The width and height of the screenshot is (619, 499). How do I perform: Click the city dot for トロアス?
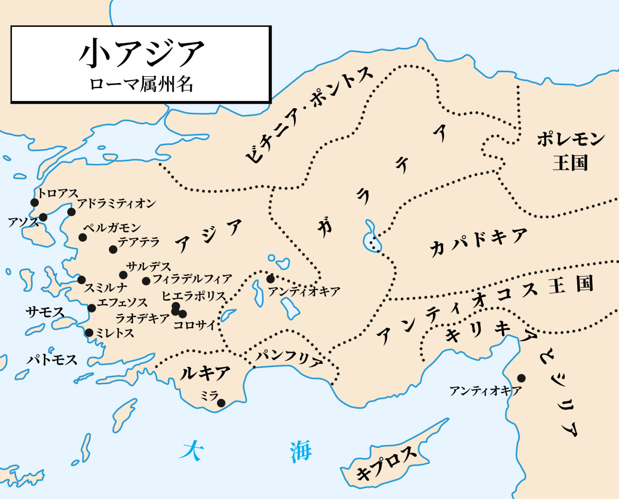tap(35, 203)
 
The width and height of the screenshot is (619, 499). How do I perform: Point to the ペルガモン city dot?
tap(83, 237)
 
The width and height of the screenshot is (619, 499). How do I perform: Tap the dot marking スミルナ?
tap(82, 280)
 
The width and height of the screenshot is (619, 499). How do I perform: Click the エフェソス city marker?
tap(92, 308)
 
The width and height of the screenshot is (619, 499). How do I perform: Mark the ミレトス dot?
tap(89, 332)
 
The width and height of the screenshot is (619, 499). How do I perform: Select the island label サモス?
tap(45, 311)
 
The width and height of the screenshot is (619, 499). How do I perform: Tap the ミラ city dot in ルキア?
tap(221, 403)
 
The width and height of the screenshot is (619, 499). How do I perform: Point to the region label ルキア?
tap(205, 373)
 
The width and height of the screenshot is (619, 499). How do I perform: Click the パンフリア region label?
tap(289, 356)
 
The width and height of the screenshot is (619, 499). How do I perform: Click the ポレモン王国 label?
tap(570, 151)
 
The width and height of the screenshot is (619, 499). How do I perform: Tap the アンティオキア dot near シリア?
tap(522, 378)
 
